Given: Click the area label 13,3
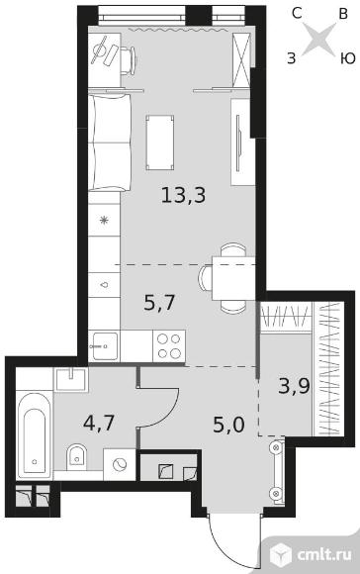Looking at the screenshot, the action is click(x=183, y=195).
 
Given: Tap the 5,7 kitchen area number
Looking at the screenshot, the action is click(x=160, y=303).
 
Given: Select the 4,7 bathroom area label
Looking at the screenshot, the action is click(x=99, y=423).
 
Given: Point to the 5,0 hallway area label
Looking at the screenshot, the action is click(x=228, y=425).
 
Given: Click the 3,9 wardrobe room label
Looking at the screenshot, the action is click(x=294, y=386).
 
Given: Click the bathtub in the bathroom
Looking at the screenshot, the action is click(x=34, y=434).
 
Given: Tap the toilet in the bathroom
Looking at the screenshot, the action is click(x=76, y=457).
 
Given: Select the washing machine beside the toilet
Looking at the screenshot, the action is click(x=120, y=464).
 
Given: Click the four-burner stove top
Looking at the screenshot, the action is click(x=169, y=346).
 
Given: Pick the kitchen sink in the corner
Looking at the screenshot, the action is click(x=105, y=346).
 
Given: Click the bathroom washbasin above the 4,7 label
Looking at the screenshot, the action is click(x=71, y=380).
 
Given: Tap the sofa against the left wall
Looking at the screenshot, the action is click(x=110, y=143).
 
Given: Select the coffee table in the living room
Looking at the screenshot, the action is click(x=160, y=143).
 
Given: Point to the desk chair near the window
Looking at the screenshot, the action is click(x=129, y=60).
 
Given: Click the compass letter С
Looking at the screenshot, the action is click(x=297, y=14).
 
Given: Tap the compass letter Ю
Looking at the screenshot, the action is click(x=348, y=58).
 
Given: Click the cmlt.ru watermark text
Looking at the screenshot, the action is click(x=324, y=554).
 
